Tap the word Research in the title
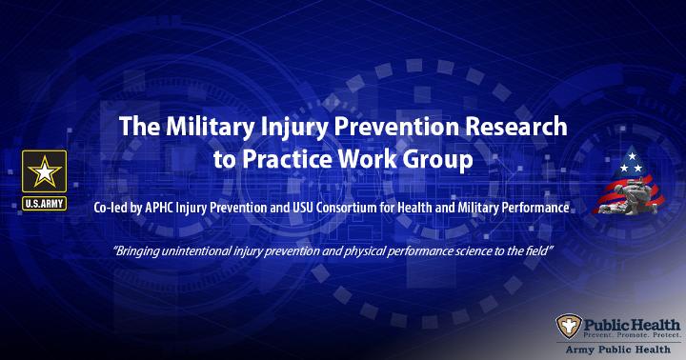tap(516, 127)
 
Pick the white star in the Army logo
tap(44, 171)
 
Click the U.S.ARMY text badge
tap(44, 204)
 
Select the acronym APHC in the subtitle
tap(159, 208)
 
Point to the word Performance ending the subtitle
tap(535, 208)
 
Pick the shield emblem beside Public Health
tap(569, 326)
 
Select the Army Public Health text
tap(617, 350)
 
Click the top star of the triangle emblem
tap(632, 156)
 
